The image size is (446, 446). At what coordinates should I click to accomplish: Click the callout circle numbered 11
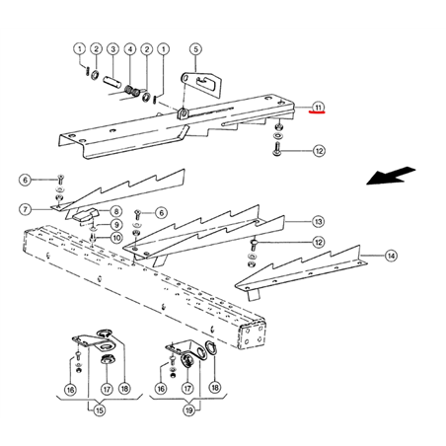point(318,107)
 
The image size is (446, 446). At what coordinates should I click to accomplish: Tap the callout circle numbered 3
point(113,49)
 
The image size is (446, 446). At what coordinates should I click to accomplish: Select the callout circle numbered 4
point(130,49)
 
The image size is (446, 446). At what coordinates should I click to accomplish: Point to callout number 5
point(195,49)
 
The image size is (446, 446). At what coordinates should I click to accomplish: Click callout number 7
point(26,209)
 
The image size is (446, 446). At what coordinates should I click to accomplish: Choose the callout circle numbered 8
point(116,211)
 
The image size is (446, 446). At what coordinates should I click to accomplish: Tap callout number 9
point(116,225)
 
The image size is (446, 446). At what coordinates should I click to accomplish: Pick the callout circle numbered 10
point(116,238)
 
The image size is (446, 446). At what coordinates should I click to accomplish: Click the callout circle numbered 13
point(318,222)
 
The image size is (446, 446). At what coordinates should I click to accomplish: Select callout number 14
point(391,256)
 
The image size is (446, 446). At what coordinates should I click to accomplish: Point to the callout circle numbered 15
point(100,410)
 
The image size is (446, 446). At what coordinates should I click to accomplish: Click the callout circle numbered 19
point(189,410)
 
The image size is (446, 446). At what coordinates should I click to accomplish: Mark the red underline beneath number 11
point(317,112)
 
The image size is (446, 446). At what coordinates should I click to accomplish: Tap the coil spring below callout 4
point(131,91)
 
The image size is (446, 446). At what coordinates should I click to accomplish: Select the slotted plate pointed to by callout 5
point(199,85)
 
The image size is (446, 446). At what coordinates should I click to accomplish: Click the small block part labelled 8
point(86,215)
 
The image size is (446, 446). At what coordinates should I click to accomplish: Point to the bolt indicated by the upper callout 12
point(276,149)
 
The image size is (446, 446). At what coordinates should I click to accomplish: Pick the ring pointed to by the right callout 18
point(210,348)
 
